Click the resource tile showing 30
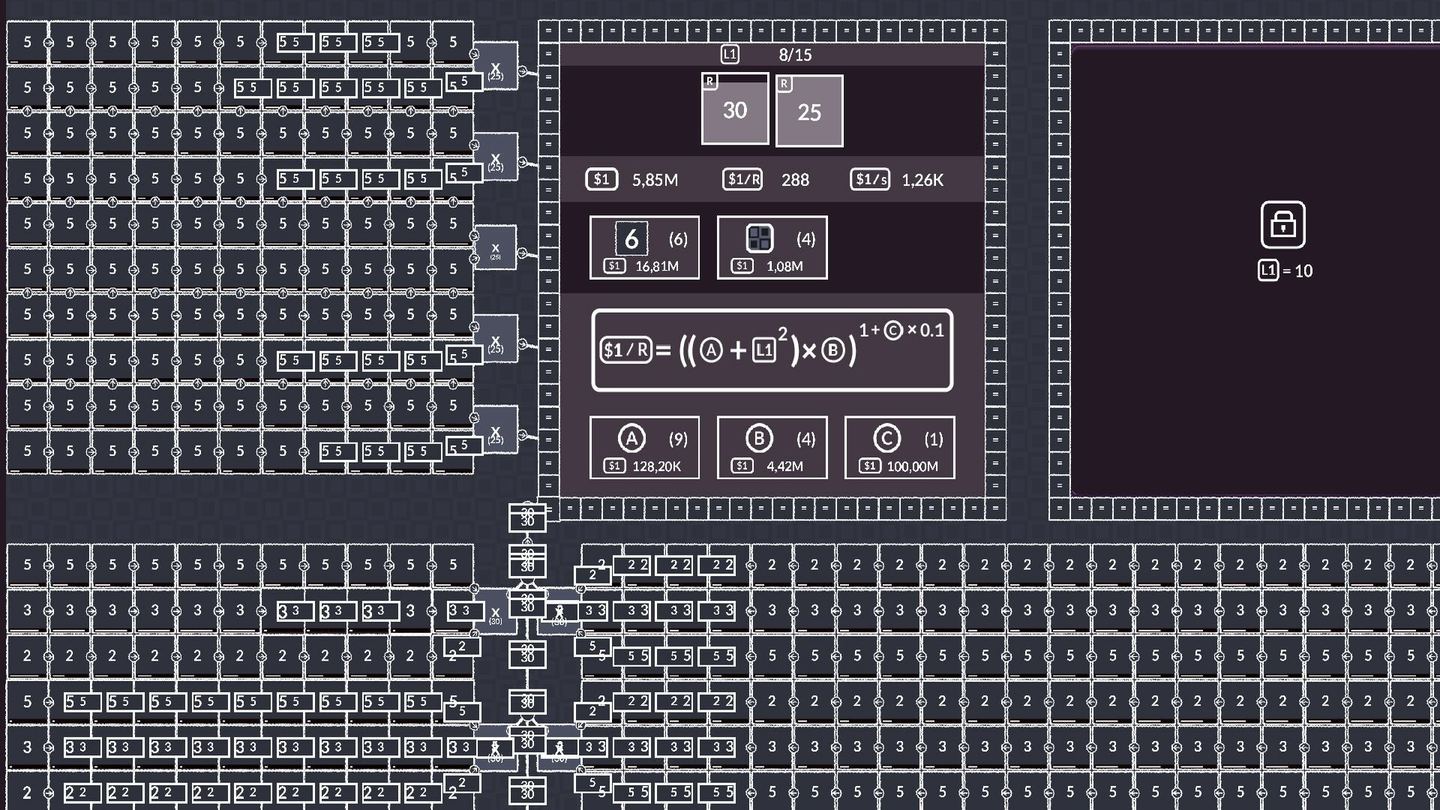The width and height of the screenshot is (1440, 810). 734,109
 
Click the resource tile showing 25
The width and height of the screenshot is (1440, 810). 808,111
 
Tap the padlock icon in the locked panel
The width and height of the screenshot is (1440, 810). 1282,224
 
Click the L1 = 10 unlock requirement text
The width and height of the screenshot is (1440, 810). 1285,271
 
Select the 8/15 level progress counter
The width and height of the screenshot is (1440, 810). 795,55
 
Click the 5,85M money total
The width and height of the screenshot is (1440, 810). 655,180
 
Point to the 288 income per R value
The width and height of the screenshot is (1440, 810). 795,180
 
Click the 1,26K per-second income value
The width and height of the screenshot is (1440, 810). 922,180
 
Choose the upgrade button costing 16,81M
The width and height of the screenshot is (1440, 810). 644,247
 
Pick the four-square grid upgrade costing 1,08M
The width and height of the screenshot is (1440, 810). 772,247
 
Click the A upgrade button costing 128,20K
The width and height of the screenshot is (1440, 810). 644,448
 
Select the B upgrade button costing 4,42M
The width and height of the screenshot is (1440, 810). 772,448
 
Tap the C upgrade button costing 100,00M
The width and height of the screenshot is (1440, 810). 899,448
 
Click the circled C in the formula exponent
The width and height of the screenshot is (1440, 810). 892,330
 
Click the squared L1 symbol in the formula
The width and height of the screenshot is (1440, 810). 764,350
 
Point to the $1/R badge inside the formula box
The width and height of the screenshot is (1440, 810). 626,350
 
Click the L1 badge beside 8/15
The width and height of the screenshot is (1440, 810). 730,54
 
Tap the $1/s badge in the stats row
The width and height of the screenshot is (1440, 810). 870,179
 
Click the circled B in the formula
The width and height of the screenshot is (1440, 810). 832,350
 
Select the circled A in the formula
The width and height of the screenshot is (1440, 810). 711,350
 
